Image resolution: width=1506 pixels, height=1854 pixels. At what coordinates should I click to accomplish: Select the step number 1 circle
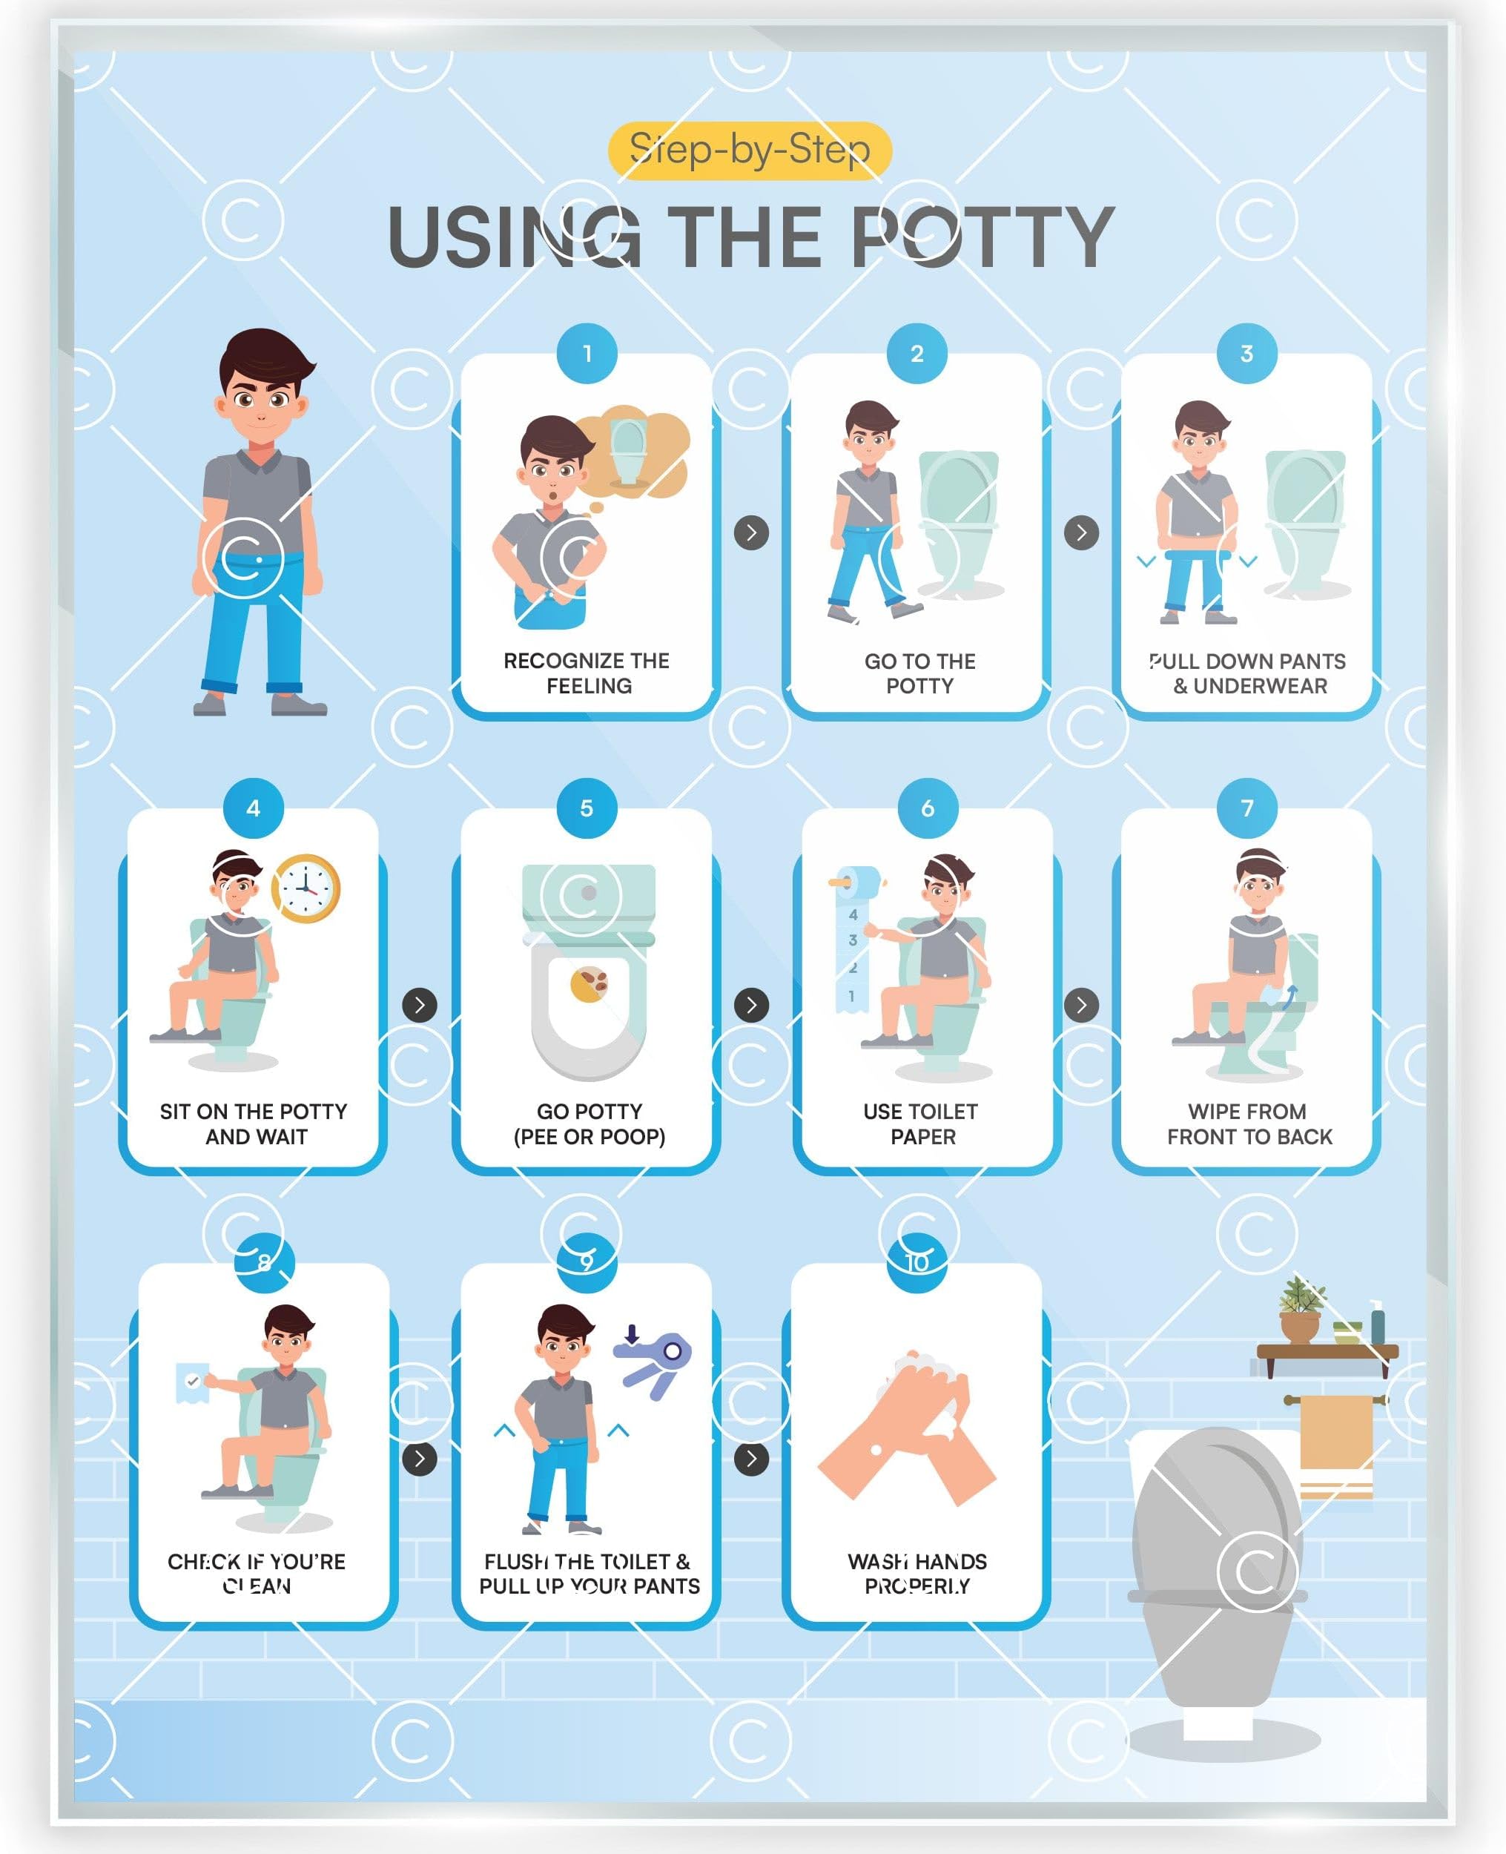(x=587, y=353)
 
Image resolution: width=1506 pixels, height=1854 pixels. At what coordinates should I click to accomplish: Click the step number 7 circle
(x=1246, y=808)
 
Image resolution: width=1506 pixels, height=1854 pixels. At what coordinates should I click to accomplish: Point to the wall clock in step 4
(x=306, y=888)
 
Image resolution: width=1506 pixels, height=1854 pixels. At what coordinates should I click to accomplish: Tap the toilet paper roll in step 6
(x=857, y=883)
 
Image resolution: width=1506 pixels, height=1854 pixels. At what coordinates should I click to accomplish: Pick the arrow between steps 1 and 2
(x=751, y=532)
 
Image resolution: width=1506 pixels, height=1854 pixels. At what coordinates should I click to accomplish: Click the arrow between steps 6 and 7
(x=1081, y=1005)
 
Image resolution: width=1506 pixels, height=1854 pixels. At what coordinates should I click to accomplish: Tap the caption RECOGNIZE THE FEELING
(x=587, y=673)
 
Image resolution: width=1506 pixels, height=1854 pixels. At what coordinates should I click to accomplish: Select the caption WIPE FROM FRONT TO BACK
(x=1249, y=1124)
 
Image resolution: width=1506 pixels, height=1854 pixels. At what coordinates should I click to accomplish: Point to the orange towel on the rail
(x=1336, y=1445)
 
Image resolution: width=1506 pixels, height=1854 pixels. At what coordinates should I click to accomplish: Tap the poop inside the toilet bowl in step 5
(x=589, y=984)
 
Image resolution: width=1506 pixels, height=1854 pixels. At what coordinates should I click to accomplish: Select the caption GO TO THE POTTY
(x=919, y=673)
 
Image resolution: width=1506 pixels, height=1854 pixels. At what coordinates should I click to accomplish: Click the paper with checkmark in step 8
(x=193, y=1381)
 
